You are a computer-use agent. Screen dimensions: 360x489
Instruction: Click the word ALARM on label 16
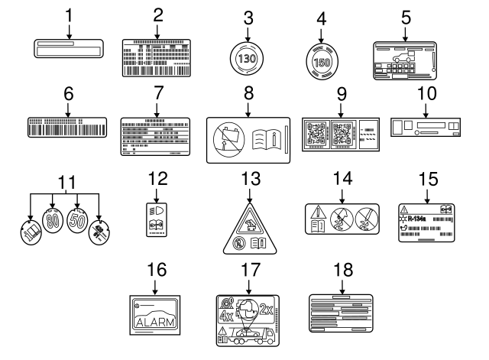[x=156, y=322]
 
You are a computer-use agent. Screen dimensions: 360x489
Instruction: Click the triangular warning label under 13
[x=248, y=234]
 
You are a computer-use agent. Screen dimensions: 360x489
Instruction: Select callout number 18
[x=340, y=269]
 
